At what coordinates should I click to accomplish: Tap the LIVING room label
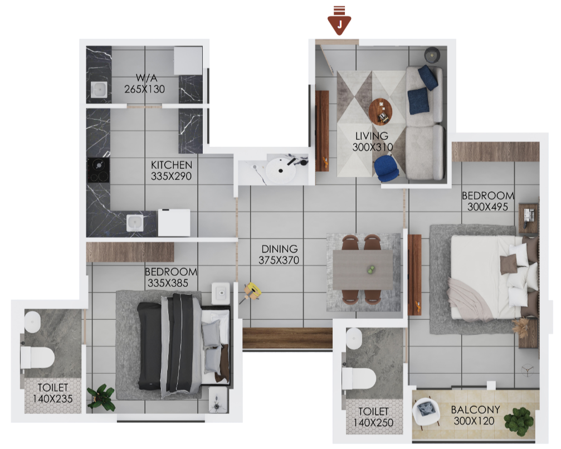click(372, 136)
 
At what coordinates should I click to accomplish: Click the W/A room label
click(144, 78)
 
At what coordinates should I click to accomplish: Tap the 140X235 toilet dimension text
click(52, 399)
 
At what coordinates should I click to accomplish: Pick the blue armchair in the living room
click(387, 167)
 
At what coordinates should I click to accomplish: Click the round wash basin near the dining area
click(281, 170)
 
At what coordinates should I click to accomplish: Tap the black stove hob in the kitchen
click(99, 171)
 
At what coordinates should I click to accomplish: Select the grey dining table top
click(363, 270)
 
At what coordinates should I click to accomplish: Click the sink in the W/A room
click(99, 90)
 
